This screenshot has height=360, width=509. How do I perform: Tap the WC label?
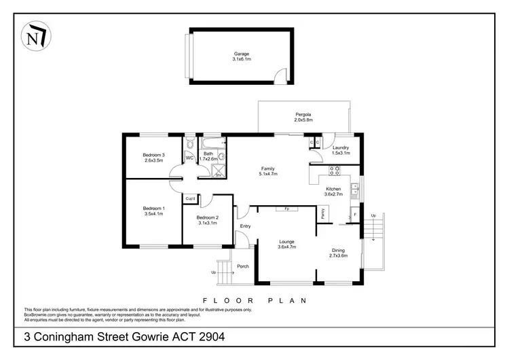189,158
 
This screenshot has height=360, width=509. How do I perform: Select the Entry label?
245,226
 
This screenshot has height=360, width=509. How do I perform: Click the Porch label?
242,266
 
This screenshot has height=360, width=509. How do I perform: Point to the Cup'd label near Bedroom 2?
191,198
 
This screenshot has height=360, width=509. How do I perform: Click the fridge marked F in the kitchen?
355,214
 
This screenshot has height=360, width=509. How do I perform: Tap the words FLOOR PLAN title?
254,300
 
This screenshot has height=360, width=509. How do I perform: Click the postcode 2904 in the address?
208,336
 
